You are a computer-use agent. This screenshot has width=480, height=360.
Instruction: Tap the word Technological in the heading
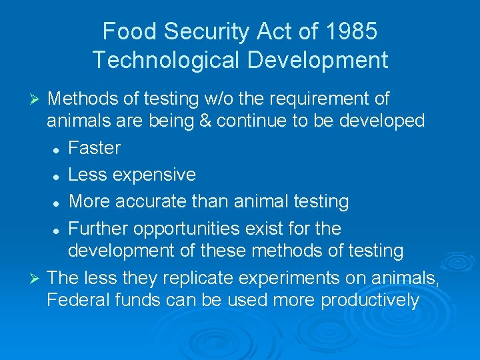click(x=165, y=61)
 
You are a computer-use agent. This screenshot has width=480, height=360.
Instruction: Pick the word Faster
click(x=95, y=147)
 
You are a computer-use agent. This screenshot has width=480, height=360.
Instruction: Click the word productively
click(x=370, y=301)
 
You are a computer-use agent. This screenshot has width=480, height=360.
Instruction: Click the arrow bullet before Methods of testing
click(x=38, y=101)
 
